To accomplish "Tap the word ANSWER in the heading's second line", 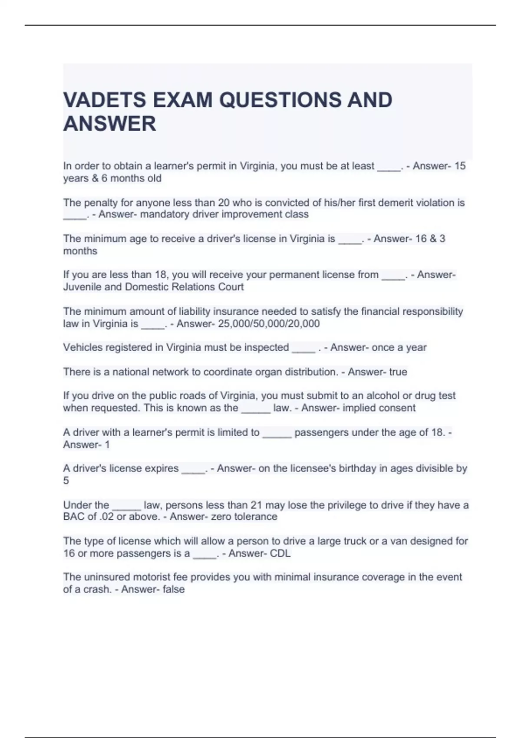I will (109, 124).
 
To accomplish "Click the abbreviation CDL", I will (280, 553).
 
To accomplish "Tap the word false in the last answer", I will (174, 590).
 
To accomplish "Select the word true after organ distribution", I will (398, 372).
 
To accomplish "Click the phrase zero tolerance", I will (244, 517).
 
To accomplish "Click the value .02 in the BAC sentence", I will (106, 517).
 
